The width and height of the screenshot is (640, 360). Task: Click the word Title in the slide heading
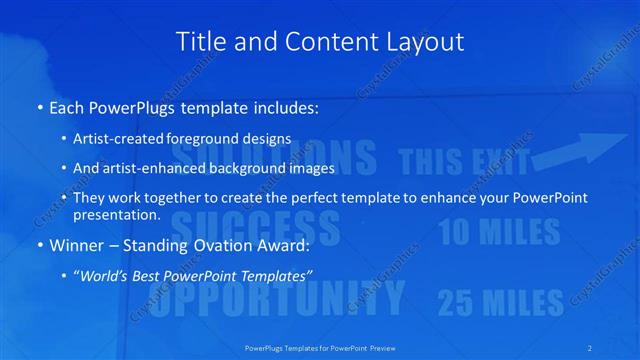tap(199, 42)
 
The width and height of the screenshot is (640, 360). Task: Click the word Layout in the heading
tap(425, 42)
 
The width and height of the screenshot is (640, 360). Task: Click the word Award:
tap(286, 245)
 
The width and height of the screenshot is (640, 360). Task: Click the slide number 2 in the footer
tap(591, 347)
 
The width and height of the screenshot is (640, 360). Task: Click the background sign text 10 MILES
tap(499, 232)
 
